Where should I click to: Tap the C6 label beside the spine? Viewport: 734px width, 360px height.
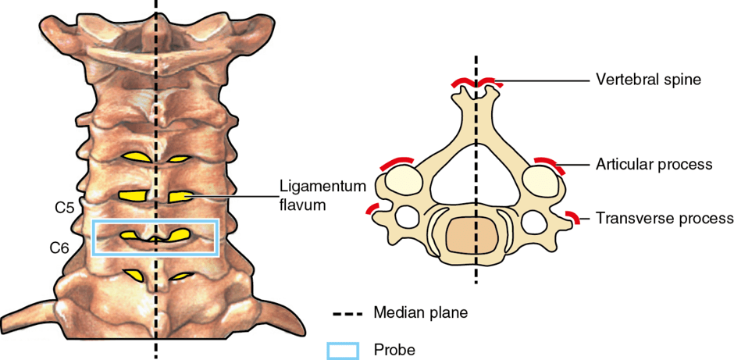click(x=60, y=248)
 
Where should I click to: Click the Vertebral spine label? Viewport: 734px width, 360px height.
click(x=647, y=80)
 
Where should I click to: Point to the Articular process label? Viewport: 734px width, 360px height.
click(x=654, y=165)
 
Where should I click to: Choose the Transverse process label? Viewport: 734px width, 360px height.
click(x=665, y=218)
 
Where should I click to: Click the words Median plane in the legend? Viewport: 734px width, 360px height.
click(x=421, y=312)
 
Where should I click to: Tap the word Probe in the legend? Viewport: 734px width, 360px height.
click(x=395, y=349)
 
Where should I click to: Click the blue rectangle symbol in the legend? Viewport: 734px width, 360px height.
click(x=343, y=350)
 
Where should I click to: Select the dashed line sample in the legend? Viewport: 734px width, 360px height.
click(x=343, y=312)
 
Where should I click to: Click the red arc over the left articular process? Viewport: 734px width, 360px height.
click(x=396, y=163)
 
